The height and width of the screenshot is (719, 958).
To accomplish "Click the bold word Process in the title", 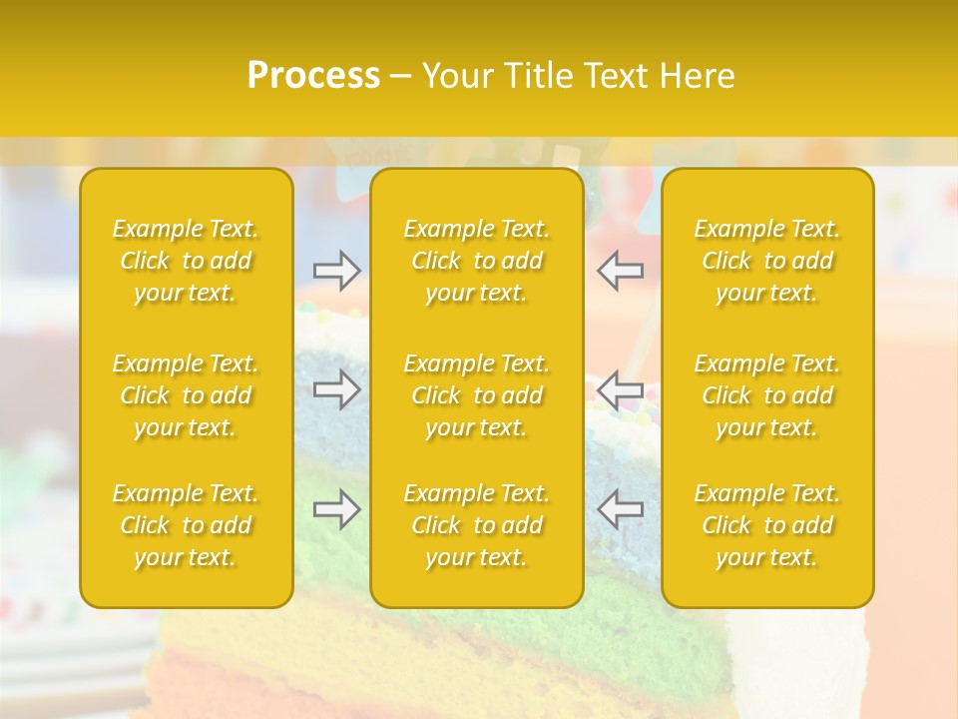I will (x=313, y=76).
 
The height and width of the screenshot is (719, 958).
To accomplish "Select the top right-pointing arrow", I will (x=336, y=271).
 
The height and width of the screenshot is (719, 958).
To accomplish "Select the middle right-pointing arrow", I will (x=336, y=388).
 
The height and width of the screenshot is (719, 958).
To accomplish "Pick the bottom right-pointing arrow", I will (x=336, y=509).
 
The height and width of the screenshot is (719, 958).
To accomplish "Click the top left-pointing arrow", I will (x=621, y=271).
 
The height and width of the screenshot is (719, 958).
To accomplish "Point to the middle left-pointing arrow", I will (x=621, y=388).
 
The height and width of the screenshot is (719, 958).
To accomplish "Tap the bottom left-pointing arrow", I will (x=621, y=509).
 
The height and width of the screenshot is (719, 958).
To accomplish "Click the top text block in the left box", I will (x=186, y=261).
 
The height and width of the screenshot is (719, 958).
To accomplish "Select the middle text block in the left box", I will (x=186, y=395).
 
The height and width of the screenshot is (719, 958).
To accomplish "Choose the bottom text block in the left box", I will (x=186, y=525).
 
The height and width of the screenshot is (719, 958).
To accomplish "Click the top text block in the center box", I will (x=476, y=261).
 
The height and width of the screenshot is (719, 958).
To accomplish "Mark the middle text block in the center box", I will (x=476, y=395).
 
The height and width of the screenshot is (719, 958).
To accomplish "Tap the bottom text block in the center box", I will (x=476, y=525).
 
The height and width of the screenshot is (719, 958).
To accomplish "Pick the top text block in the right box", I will (x=767, y=261).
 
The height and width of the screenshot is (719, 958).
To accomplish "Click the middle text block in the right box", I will (x=767, y=395).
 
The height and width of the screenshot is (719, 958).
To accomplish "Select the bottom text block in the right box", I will (x=767, y=525).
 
